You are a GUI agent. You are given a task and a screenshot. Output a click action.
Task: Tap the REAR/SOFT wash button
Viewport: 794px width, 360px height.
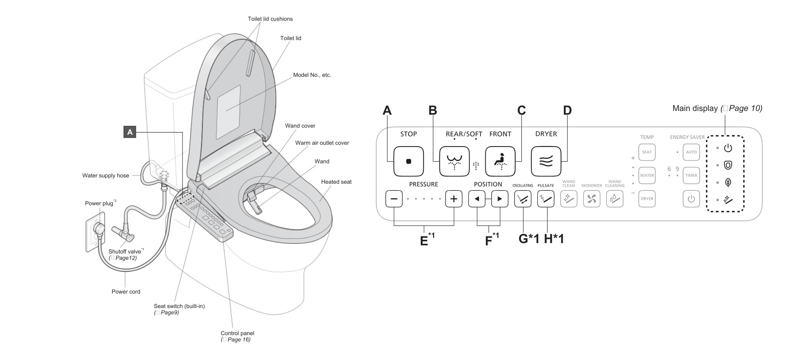[x=454, y=161]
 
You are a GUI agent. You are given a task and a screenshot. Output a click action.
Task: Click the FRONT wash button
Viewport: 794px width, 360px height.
[x=500, y=161]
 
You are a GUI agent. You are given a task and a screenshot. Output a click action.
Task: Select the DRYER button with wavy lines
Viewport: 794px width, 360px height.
[x=546, y=161]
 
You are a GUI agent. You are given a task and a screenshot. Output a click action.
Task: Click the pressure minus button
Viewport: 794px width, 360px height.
[x=394, y=199]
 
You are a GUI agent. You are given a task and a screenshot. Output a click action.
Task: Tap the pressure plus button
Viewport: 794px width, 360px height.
[x=454, y=199]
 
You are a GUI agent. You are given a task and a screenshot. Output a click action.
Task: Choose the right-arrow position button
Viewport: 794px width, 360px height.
[x=500, y=199]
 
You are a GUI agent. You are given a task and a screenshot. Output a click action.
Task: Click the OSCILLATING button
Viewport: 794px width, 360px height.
[x=523, y=199]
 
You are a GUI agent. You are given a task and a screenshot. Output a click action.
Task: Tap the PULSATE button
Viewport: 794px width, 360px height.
[x=546, y=199]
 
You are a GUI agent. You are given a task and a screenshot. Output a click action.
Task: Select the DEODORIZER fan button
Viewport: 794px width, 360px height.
[x=591, y=199]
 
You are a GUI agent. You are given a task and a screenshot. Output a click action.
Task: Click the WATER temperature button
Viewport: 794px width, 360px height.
[x=647, y=176]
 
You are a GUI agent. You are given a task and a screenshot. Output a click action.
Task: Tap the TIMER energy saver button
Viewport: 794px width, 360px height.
[x=691, y=176]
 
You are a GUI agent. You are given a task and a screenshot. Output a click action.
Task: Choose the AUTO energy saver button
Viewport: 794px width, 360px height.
[x=691, y=152]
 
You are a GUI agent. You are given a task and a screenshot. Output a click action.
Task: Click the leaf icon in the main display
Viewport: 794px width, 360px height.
[x=728, y=182]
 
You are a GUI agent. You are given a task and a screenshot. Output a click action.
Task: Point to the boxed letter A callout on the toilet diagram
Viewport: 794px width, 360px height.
[x=130, y=132]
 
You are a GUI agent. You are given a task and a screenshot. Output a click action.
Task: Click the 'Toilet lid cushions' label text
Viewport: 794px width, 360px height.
[x=270, y=19]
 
